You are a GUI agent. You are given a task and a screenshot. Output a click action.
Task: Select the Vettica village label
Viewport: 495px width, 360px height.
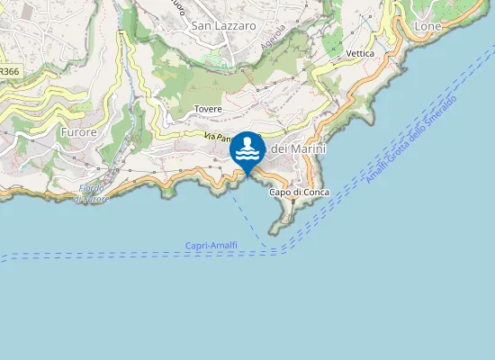(360, 54)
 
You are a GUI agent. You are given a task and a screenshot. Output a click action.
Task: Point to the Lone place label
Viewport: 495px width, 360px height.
(428, 27)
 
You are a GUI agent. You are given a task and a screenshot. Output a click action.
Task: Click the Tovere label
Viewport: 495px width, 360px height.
(208, 109)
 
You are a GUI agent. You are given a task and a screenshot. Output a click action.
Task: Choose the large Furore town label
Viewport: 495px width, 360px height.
(78, 131)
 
